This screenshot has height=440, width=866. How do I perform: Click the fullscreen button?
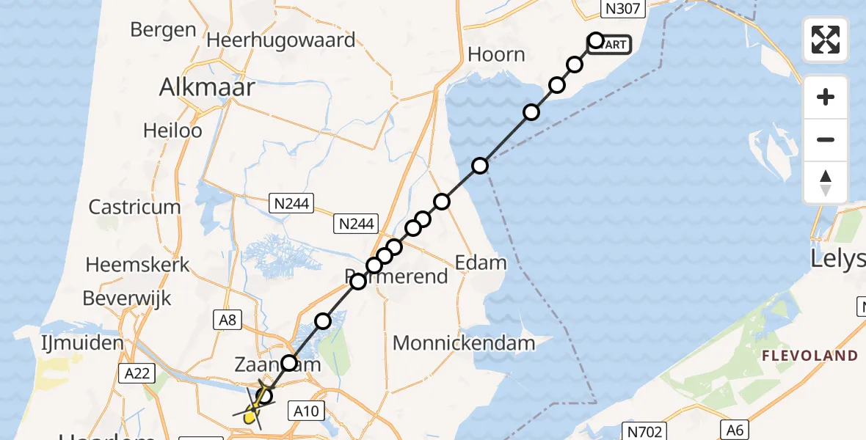click(826, 40)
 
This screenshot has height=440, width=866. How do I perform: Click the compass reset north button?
click(826, 183)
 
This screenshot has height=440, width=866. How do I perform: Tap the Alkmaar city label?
click(208, 88)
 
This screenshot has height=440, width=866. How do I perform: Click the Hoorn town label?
click(497, 54)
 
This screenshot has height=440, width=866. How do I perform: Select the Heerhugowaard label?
click(281, 40)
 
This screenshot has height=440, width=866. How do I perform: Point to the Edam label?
click(481, 263)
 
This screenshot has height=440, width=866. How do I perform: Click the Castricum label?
click(134, 207)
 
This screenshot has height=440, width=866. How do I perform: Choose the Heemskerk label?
click(138, 264)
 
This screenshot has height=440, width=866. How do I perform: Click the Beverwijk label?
click(127, 298)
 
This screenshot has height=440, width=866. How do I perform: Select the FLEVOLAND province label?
click(809, 356)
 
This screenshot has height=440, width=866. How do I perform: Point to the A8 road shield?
click(228, 318)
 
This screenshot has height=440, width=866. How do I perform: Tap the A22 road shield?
click(137, 374)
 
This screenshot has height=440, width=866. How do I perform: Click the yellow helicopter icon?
click(252, 416)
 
